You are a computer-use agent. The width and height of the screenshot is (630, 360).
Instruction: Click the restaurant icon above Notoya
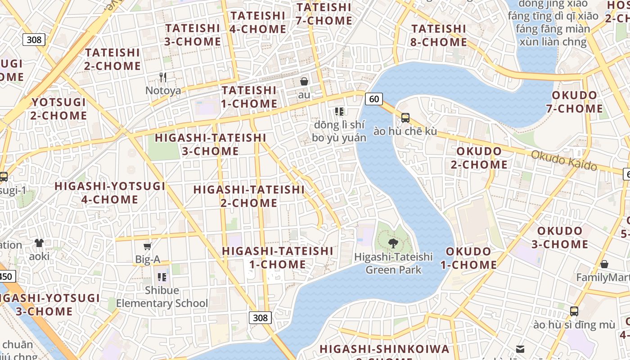point(163,77)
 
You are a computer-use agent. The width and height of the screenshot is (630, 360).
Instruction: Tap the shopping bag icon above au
point(304,81)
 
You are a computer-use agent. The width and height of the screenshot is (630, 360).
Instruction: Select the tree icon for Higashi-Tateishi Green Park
point(393,243)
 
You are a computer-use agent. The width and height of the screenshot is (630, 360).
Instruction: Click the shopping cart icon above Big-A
point(147,246)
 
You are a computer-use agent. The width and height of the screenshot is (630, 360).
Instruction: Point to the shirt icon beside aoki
point(39,243)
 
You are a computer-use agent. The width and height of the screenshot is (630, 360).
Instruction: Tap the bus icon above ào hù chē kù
point(405,118)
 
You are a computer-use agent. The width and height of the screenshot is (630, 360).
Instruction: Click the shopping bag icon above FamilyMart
point(604,264)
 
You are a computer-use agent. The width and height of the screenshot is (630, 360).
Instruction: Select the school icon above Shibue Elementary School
point(162,277)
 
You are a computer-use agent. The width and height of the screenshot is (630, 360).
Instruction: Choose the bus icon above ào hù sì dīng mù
point(574,311)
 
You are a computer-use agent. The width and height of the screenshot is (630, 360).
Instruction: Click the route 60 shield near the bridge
point(374,99)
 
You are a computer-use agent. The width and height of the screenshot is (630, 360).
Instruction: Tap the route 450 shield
point(6,276)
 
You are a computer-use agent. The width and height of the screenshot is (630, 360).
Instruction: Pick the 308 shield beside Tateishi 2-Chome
point(34,40)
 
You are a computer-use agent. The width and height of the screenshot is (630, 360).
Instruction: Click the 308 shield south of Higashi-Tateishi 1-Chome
point(260,318)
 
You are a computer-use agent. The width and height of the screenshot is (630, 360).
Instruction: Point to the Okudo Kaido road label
point(564,161)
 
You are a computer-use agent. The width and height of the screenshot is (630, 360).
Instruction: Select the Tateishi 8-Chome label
point(439,36)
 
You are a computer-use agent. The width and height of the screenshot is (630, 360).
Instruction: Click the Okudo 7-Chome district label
point(574,102)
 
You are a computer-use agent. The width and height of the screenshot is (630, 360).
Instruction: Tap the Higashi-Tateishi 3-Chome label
point(211,144)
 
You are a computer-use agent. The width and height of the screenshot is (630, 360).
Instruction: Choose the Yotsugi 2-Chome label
point(59,109)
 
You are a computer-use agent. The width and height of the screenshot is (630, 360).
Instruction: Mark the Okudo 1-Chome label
point(468,258)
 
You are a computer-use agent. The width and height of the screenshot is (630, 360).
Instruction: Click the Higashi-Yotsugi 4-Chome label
point(110,193)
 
